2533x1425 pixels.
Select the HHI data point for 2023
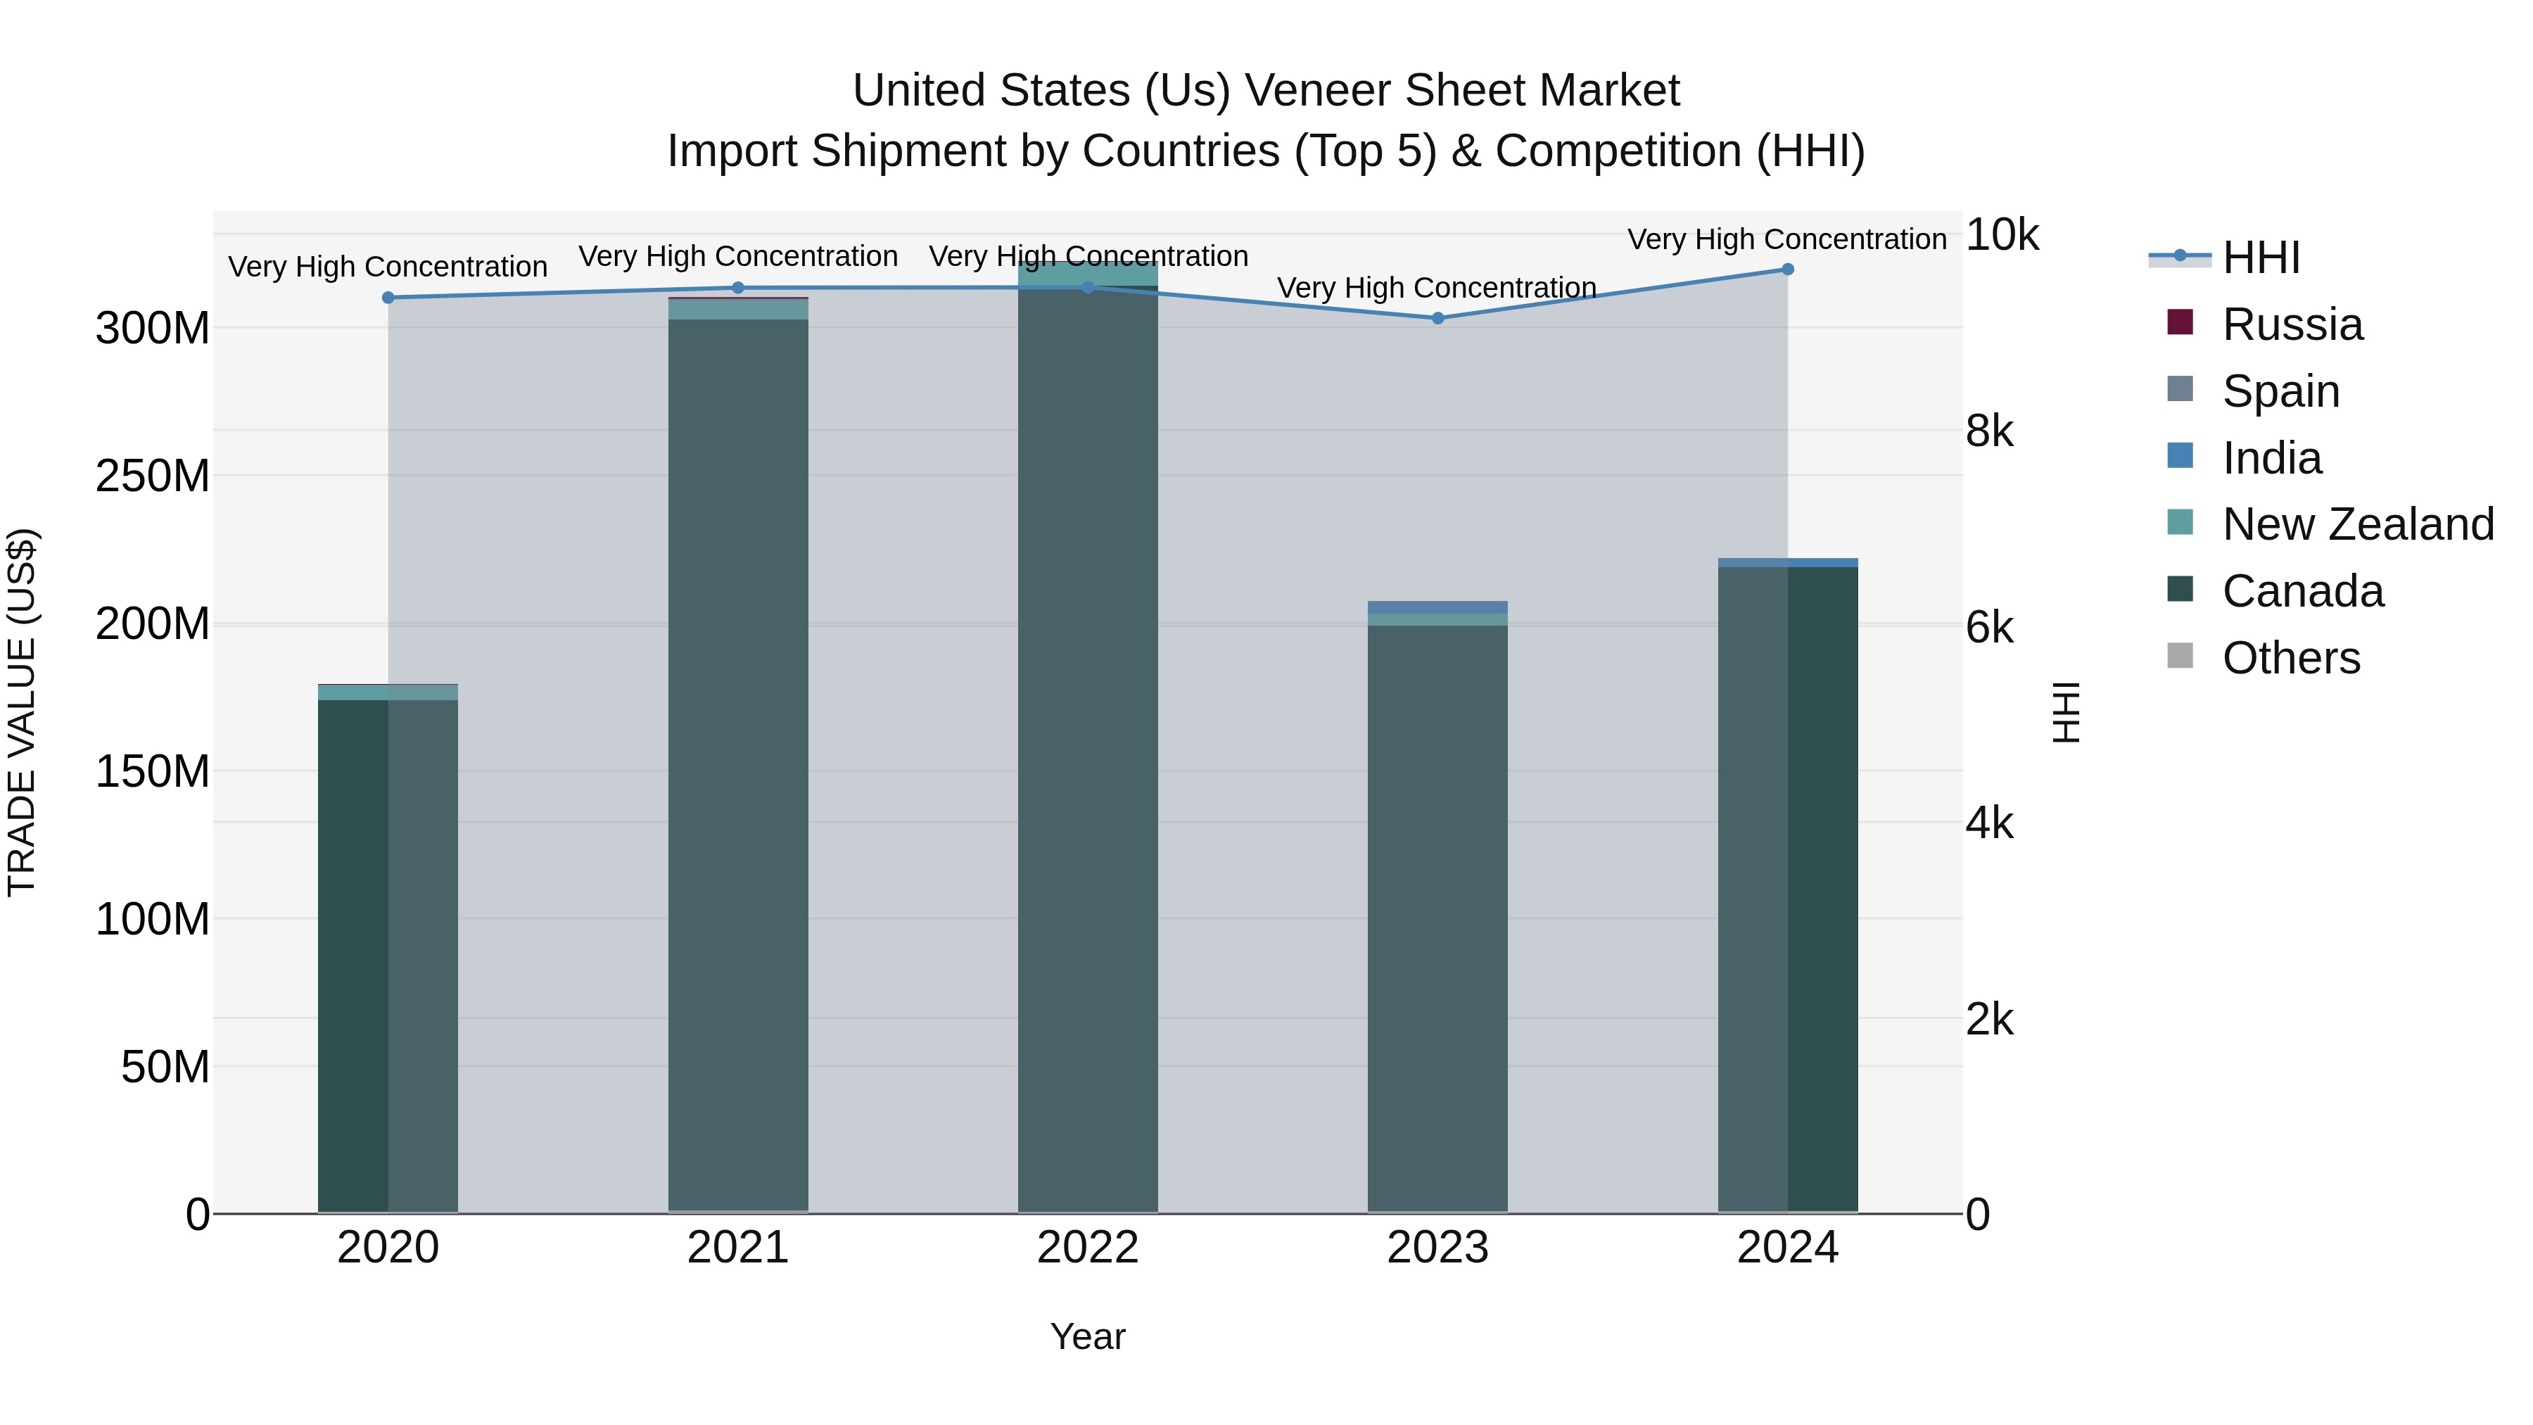[1437, 317]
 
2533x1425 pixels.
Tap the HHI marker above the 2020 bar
[388, 297]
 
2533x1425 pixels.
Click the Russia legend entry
[2291, 324]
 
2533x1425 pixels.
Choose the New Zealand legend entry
[2357, 524]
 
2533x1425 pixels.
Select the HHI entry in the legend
[2259, 258]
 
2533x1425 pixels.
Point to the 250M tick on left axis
[153, 476]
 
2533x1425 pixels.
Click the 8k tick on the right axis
[1988, 432]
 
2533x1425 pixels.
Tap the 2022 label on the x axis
[1088, 1248]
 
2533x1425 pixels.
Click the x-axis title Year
[1088, 1336]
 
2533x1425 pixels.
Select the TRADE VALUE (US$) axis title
[22, 712]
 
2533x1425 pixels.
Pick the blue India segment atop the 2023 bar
[1437, 607]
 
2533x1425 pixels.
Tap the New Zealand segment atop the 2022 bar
[1088, 274]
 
